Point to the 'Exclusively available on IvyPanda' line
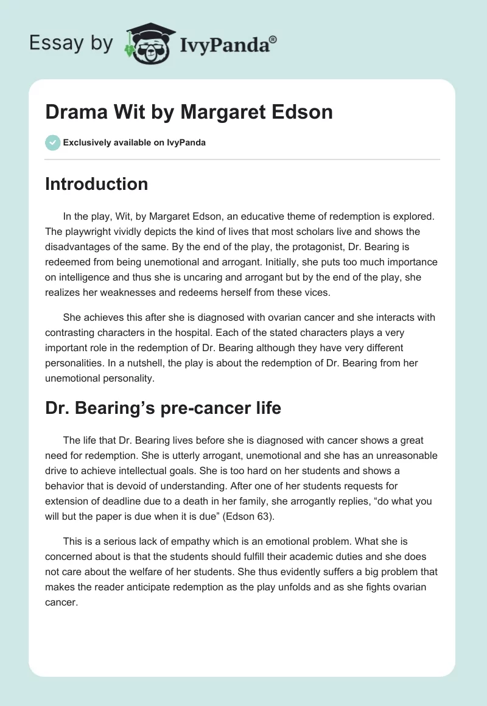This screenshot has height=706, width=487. tap(135, 143)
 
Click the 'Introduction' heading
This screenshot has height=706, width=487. tap(96, 184)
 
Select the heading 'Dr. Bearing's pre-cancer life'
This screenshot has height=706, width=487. tap(163, 408)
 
